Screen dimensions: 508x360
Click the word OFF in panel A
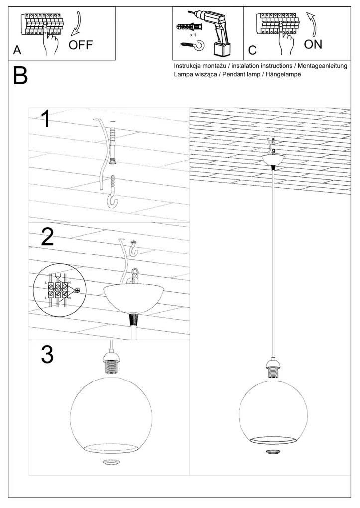click(81, 46)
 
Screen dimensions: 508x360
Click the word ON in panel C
click(313, 44)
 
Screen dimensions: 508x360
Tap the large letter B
click(20, 76)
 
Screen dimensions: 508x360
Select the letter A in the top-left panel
click(17, 51)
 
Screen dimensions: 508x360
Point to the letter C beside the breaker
click(252, 51)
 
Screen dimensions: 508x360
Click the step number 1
click(45, 120)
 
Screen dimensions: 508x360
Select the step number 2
click(47, 237)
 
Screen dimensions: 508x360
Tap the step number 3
click(46, 355)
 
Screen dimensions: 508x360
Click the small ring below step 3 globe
click(109, 462)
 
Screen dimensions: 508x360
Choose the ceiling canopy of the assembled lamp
click(273, 159)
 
